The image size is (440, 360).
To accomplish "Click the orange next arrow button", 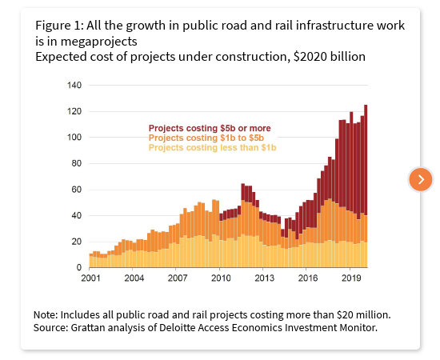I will (421, 179).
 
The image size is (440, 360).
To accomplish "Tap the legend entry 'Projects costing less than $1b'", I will (212, 147).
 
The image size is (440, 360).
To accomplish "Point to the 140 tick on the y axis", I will (74, 85).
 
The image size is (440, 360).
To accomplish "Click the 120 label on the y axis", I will (74, 111).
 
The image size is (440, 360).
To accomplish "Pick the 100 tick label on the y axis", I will (74, 137).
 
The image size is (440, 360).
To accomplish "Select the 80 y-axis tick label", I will (77, 163).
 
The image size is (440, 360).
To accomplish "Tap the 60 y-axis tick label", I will (77, 190).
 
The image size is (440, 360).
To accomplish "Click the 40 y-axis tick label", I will (77, 215).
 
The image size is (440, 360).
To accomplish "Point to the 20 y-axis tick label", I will (77, 242).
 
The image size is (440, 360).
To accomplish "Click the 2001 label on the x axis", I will (90, 278).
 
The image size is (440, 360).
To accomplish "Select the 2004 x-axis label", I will (134, 278).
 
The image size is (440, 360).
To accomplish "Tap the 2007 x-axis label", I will (177, 278).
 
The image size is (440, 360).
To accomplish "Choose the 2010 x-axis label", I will (220, 278).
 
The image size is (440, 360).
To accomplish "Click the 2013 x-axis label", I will (264, 278).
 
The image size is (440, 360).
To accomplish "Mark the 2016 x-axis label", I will (307, 278).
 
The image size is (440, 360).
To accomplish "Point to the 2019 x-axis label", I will (350, 278).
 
